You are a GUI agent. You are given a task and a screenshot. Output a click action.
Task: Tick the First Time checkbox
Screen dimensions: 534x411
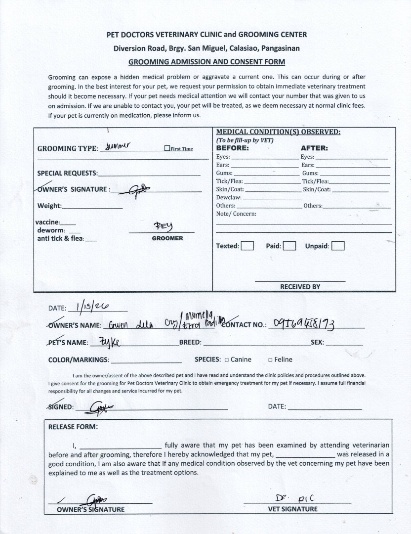click(x=167, y=148)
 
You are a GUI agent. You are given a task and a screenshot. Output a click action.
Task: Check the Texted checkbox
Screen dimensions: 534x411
click(x=247, y=246)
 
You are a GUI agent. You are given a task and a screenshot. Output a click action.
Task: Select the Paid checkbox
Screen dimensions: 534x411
click(x=289, y=246)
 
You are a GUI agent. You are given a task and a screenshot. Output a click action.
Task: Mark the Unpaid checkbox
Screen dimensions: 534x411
click(x=338, y=246)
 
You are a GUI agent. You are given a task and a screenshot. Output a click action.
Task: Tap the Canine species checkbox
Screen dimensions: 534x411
click(x=227, y=360)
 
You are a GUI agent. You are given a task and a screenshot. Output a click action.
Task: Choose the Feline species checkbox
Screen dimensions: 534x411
click(x=270, y=360)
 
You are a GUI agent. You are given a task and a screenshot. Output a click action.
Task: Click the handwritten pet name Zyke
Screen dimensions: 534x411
click(x=109, y=342)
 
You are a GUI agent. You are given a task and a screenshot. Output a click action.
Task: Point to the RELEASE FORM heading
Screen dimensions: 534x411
click(x=73, y=427)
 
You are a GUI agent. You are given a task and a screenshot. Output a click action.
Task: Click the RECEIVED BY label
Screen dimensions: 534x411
click(x=300, y=287)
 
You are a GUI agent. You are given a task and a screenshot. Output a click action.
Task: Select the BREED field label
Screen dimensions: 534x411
click(x=190, y=342)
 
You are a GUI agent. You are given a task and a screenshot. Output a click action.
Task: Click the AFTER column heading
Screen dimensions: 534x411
click(x=314, y=148)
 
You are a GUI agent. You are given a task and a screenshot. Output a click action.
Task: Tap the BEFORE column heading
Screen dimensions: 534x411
click(x=232, y=148)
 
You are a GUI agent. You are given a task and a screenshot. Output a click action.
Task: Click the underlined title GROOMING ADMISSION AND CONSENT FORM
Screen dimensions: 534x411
click(x=206, y=62)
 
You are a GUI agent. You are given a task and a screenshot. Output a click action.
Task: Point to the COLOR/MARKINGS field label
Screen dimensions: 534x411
click(x=79, y=360)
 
